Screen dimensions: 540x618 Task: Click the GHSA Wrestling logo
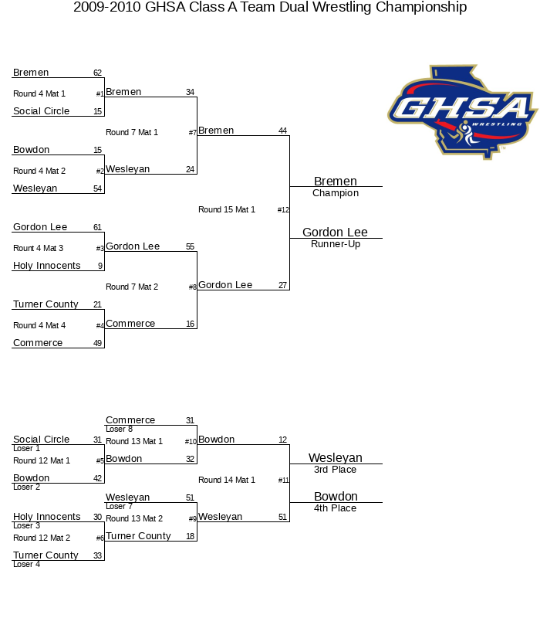point(463,112)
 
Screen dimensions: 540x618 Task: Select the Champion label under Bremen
point(336,193)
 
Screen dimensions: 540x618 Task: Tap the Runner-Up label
point(336,244)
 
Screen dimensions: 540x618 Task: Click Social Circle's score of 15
point(98,111)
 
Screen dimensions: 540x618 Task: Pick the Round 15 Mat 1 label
point(227,209)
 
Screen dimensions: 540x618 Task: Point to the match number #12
point(283,210)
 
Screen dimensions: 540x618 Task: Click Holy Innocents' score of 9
point(100,266)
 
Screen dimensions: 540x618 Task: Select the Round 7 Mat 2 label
point(132,287)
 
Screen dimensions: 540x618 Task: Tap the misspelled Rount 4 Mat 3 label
point(38,248)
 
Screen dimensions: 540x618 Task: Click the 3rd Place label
point(336,470)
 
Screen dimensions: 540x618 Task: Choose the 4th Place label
point(336,508)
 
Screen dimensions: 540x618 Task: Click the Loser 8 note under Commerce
point(120,429)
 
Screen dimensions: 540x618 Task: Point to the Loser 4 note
point(27,564)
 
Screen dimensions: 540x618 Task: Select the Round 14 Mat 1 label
point(227,480)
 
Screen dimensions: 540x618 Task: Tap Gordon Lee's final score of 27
point(282,285)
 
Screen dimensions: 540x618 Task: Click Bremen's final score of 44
point(282,131)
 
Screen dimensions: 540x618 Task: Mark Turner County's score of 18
point(190,536)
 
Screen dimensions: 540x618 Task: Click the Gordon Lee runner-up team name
point(335,233)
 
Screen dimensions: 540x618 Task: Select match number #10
point(191,442)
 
